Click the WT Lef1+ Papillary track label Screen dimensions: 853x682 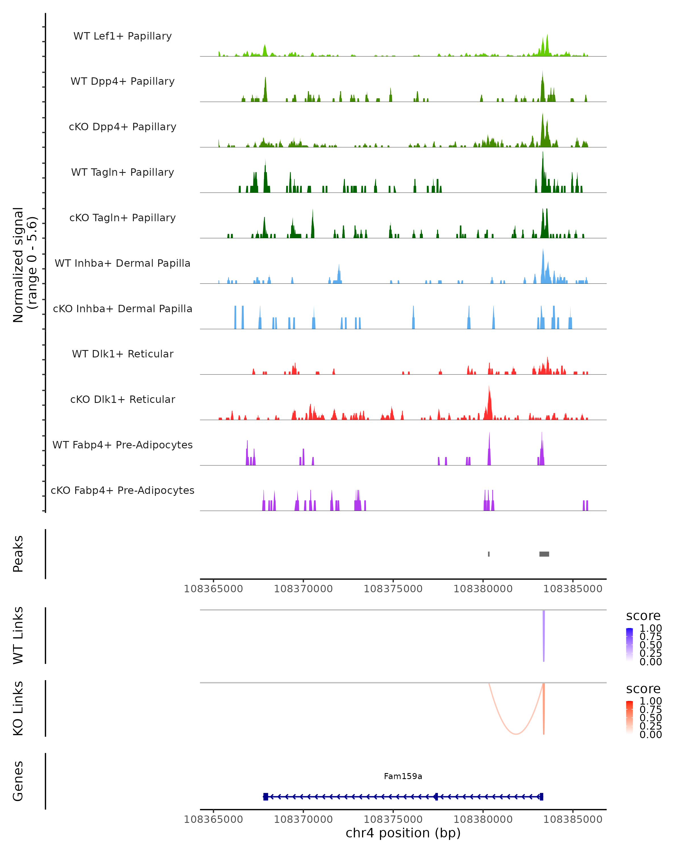122,36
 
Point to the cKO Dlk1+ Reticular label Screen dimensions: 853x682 122,399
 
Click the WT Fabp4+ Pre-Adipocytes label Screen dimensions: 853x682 122,445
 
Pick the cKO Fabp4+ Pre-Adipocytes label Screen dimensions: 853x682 122,490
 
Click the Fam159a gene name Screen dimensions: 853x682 403,776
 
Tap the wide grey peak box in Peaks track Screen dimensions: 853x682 544,554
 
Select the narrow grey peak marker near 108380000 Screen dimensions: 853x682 489,554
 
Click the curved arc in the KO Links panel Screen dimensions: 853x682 516,734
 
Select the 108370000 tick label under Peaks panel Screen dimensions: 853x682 303,589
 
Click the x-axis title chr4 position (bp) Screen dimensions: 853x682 403,833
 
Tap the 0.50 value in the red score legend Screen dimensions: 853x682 650,718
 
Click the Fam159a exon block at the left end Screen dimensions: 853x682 266,797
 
